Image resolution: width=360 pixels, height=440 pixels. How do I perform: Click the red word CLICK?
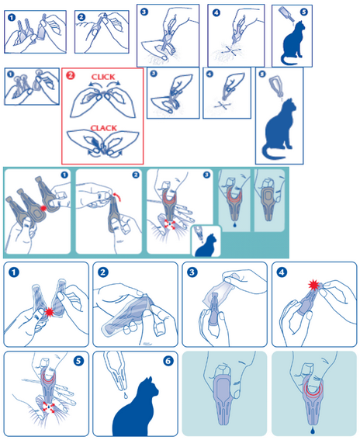[103, 77]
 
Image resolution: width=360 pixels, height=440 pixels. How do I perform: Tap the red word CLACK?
[103, 128]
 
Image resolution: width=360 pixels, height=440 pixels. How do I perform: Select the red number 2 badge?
[71, 75]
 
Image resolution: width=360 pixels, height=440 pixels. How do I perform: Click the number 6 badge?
[168, 361]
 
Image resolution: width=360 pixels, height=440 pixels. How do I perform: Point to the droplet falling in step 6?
[126, 395]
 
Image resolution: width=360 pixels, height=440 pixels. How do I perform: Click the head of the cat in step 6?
[151, 386]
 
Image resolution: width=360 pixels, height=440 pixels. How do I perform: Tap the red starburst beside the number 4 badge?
[314, 286]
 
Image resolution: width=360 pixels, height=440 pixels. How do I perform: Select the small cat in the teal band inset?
[207, 245]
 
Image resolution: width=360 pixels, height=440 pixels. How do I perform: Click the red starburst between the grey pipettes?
[43, 208]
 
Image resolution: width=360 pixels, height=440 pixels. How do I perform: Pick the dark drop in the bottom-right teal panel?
[313, 430]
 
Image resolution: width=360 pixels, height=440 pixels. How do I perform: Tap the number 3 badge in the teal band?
[206, 175]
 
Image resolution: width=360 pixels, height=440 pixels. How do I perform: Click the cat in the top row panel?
[293, 43]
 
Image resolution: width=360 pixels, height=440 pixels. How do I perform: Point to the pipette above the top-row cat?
[286, 14]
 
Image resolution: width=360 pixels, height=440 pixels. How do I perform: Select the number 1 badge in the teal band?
[64, 175]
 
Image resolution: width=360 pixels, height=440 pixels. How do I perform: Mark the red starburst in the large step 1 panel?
[50, 312]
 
